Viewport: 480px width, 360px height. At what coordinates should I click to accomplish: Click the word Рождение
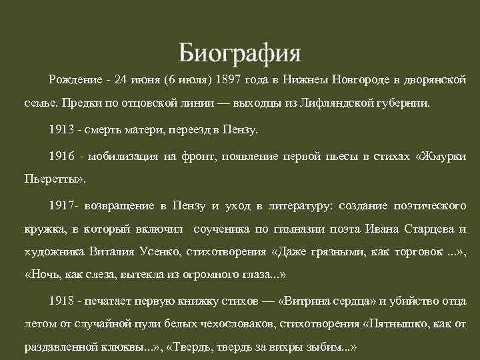click(73, 81)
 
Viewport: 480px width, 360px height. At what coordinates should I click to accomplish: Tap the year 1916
click(61, 157)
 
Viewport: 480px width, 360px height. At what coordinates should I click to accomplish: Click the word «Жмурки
click(440, 157)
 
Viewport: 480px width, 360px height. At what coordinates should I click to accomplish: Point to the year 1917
click(61, 205)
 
